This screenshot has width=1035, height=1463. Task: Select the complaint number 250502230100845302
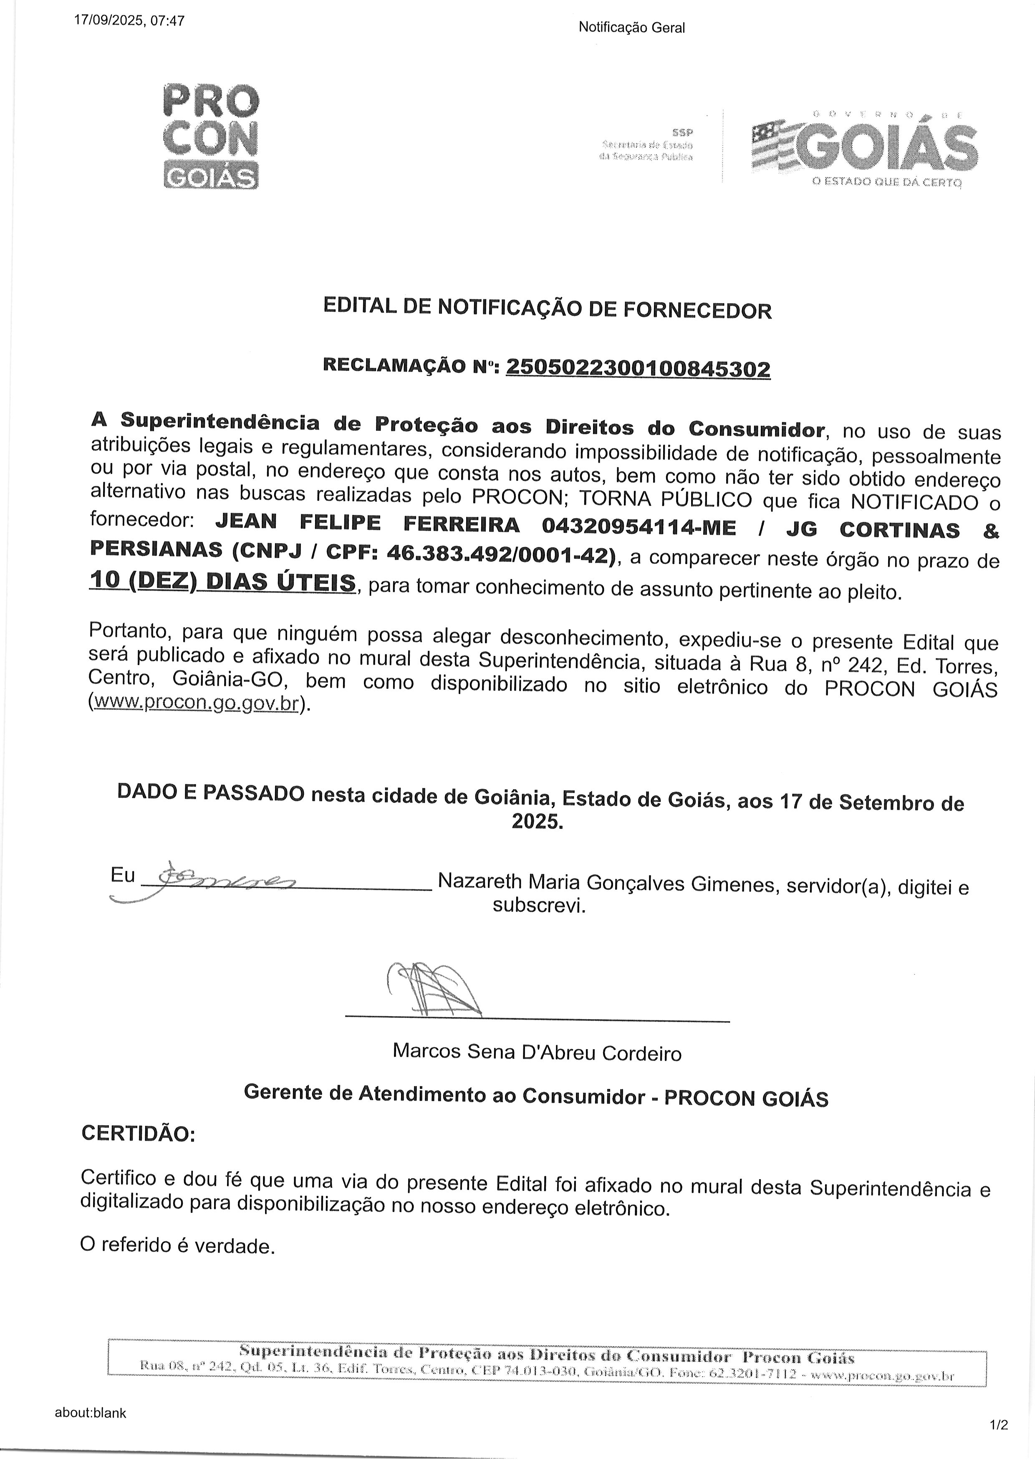click(x=638, y=368)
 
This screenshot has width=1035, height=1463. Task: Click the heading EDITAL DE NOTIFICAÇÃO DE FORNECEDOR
click(x=548, y=309)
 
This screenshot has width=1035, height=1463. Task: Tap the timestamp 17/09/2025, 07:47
click(x=129, y=20)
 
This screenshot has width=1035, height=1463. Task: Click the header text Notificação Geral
click(x=631, y=28)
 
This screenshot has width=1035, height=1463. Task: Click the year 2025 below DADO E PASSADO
click(x=537, y=822)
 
